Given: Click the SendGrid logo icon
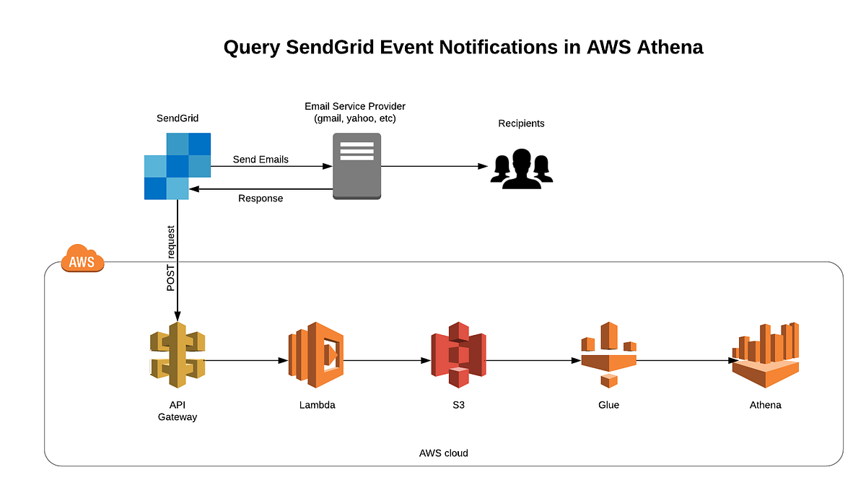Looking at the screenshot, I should click(x=177, y=166).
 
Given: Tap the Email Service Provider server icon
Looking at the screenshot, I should click(x=357, y=166).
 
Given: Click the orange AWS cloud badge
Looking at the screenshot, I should click(x=82, y=260).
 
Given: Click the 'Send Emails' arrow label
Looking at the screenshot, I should click(x=261, y=160).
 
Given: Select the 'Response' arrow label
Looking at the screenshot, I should click(x=261, y=199).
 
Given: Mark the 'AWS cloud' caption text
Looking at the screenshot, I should click(x=443, y=453).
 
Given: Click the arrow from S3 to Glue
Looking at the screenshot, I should click(x=533, y=360).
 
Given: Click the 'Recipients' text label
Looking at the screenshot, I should click(x=521, y=123).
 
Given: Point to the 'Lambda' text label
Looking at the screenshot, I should click(x=317, y=405).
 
